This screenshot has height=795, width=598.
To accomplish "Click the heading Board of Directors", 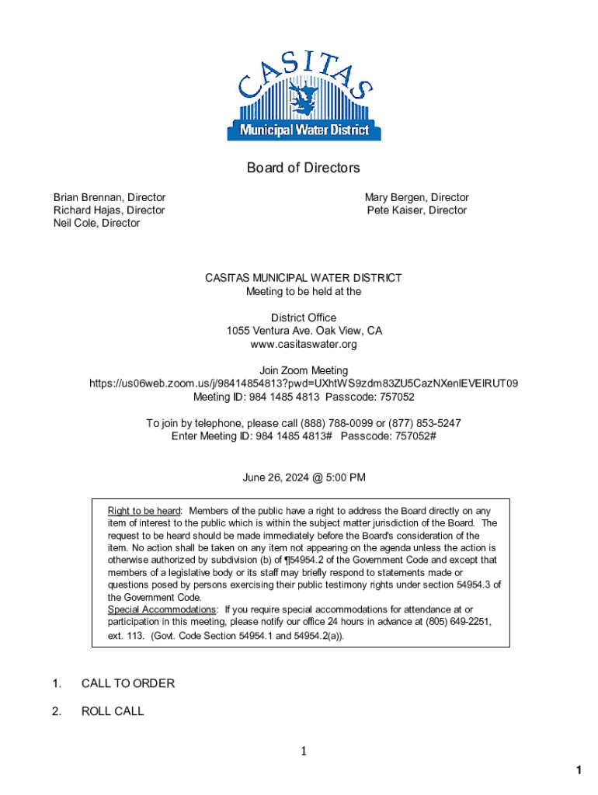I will coord(304,168).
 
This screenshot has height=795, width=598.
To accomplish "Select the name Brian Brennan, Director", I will coord(109,198).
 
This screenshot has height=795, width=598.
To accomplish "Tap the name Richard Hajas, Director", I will coord(109,210).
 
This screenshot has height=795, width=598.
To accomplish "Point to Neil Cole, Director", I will coord(96,223).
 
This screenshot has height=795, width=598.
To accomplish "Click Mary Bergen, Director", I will coord(417,198).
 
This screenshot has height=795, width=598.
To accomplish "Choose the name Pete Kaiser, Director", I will coord(417,210).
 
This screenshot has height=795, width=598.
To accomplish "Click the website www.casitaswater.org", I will coord(304,344).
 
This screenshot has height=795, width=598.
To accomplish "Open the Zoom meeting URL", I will coord(304,384).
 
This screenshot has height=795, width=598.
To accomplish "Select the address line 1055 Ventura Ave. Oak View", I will coord(304,331).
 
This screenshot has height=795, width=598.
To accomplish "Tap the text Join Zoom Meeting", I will coord(304,370).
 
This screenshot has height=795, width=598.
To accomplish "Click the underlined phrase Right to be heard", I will coord(144,511).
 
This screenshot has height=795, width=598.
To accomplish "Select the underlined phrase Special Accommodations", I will coord(162,609).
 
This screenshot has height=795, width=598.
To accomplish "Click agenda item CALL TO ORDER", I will coord(128,683).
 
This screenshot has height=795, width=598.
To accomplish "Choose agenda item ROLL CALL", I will coord(113,711).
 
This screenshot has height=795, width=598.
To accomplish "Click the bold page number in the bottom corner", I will coord(579,770).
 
